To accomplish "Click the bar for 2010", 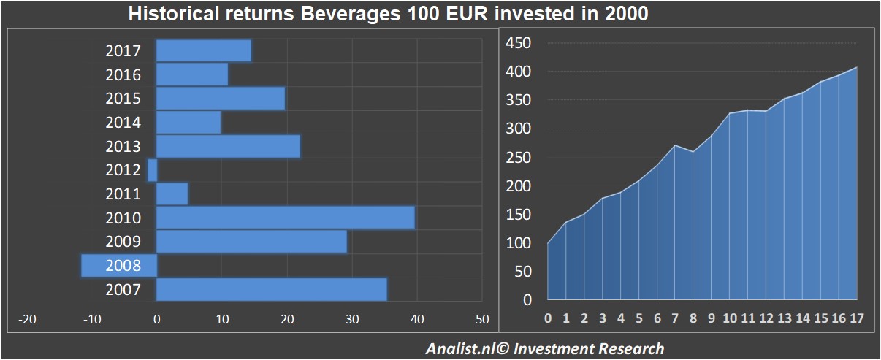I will [x=286, y=218].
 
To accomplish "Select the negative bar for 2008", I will [x=118, y=266].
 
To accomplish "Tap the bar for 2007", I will [x=272, y=289].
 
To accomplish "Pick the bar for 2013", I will [x=228, y=146].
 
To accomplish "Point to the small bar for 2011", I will [x=172, y=194].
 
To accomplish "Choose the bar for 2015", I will [x=221, y=99].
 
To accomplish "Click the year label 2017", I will [x=123, y=51].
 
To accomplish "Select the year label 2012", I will [x=123, y=170].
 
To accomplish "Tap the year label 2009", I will [x=123, y=242].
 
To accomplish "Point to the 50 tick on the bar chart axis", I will [x=481, y=320].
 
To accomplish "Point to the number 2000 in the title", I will [x=625, y=14].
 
